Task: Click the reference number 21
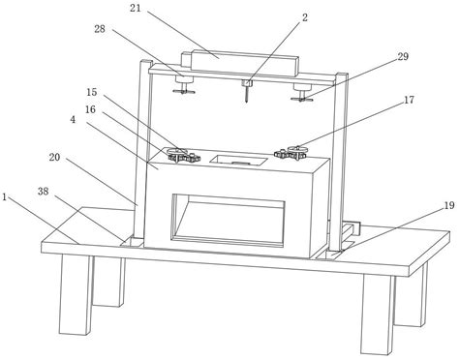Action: [136, 8]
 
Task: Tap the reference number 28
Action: [100, 29]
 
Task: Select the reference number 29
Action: [403, 56]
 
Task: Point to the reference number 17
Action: [409, 100]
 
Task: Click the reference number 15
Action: [92, 92]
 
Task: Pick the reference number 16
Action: [90, 109]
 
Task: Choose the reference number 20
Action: [54, 157]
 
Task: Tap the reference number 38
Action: [44, 192]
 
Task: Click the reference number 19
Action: [449, 205]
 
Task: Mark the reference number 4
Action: [73, 120]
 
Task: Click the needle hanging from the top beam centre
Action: [247, 94]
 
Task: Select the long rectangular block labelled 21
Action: [245, 63]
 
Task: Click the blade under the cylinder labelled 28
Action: [184, 92]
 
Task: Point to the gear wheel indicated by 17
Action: [298, 149]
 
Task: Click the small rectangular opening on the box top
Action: [238, 160]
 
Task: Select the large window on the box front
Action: [229, 221]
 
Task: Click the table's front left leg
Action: [76, 294]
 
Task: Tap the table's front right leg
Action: [377, 315]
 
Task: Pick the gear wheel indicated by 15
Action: [175, 151]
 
